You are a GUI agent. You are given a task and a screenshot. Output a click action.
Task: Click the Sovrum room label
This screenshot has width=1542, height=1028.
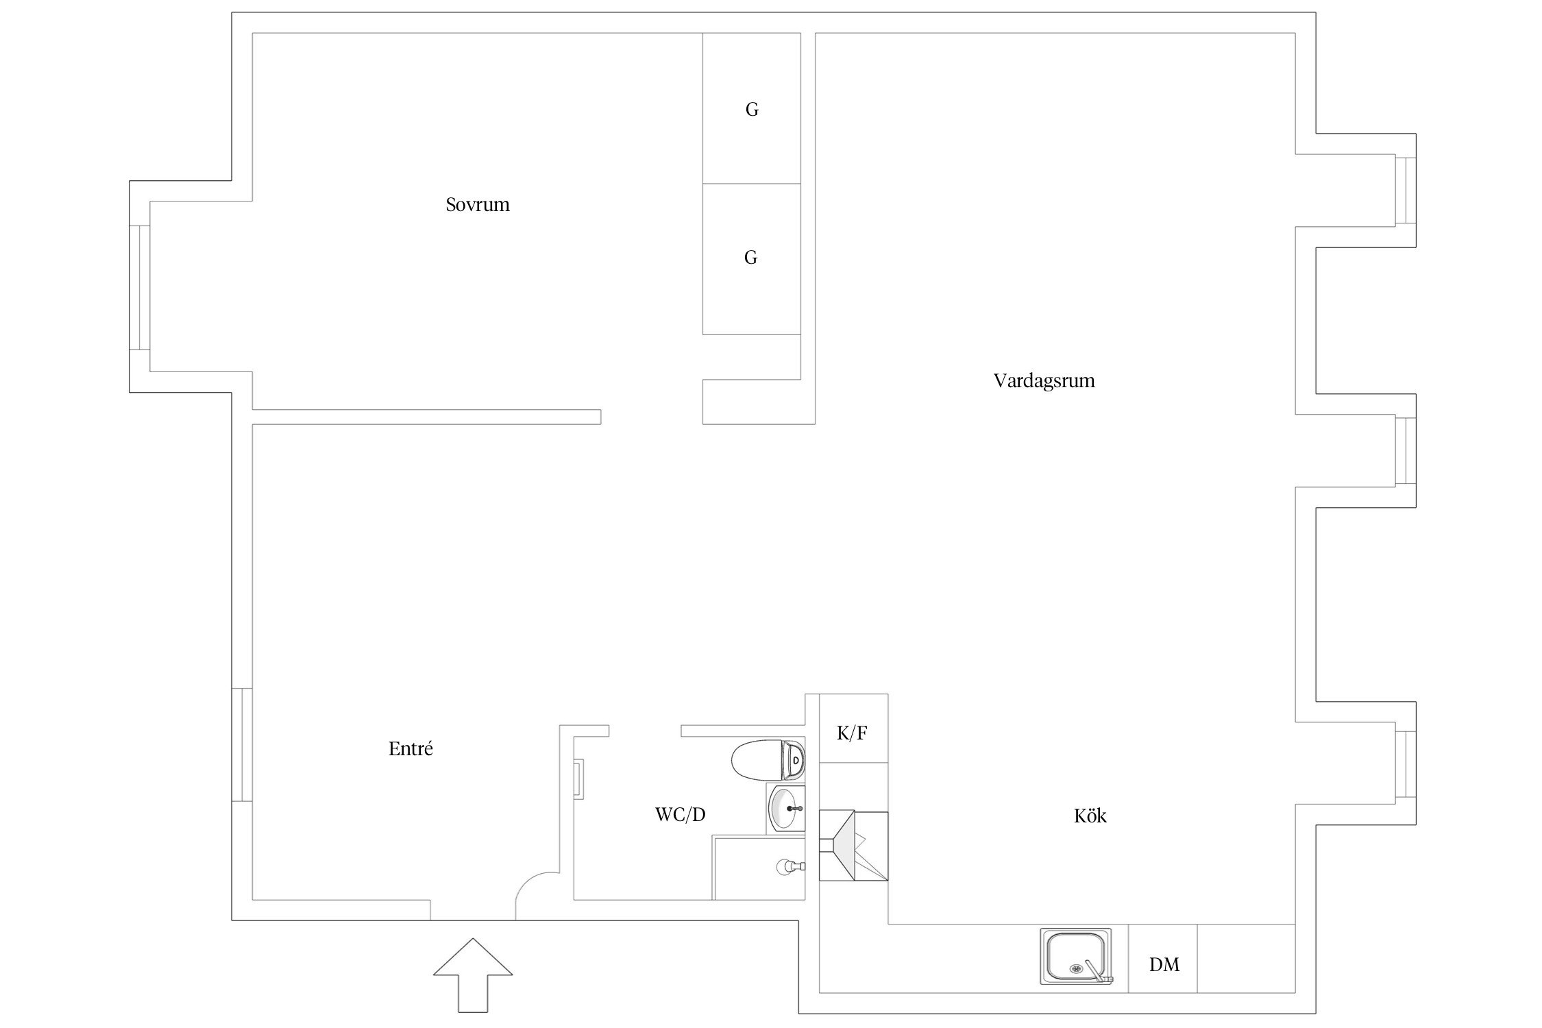tap(478, 205)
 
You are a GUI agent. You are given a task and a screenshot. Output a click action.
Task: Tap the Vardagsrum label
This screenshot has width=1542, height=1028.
tap(1044, 381)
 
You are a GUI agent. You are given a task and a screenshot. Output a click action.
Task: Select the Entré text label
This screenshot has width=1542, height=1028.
tap(411, 749)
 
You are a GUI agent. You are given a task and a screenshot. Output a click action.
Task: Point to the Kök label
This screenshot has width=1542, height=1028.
tap(1090, 816)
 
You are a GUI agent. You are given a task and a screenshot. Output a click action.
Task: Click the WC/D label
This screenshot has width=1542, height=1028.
tap(680, 814)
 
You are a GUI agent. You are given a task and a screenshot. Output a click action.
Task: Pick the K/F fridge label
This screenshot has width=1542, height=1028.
tap(852, 733)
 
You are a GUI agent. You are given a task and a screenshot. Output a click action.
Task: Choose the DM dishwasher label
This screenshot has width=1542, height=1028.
tap(1164, 965)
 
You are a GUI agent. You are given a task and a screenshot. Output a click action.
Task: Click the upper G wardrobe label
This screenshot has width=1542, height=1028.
tap(752, 110)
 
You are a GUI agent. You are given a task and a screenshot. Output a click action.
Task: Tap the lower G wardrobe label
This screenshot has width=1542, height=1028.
tap(750, 258)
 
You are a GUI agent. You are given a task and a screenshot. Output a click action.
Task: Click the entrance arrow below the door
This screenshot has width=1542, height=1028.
tap(473, 975)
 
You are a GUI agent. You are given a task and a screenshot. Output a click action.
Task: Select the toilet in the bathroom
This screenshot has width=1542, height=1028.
tap(768, 760)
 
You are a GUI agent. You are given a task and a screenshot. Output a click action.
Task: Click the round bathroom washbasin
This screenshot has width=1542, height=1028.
tap(785, 809)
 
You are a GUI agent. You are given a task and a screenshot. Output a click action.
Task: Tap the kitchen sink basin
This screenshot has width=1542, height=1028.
tap(1076, 956)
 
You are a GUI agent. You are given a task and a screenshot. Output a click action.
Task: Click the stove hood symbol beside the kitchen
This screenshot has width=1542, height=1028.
tap(853, 846)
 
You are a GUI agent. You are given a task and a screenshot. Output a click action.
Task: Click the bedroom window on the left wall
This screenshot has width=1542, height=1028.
tap(140, 287)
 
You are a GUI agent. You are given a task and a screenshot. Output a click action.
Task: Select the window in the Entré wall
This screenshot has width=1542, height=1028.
tap(242, 744)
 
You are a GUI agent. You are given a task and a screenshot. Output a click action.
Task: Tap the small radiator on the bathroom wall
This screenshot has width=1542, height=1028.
tap(578, 779)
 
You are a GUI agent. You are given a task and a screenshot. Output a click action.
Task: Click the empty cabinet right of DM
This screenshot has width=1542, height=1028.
tap(1246, 958)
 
